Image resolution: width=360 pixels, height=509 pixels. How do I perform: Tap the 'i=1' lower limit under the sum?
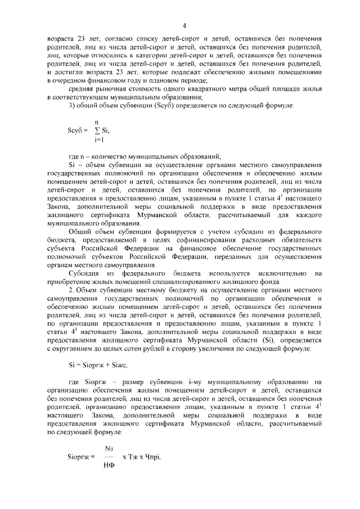99,139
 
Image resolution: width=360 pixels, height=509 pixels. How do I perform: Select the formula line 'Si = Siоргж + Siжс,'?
94,364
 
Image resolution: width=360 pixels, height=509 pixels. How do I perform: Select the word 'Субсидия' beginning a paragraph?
83,273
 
